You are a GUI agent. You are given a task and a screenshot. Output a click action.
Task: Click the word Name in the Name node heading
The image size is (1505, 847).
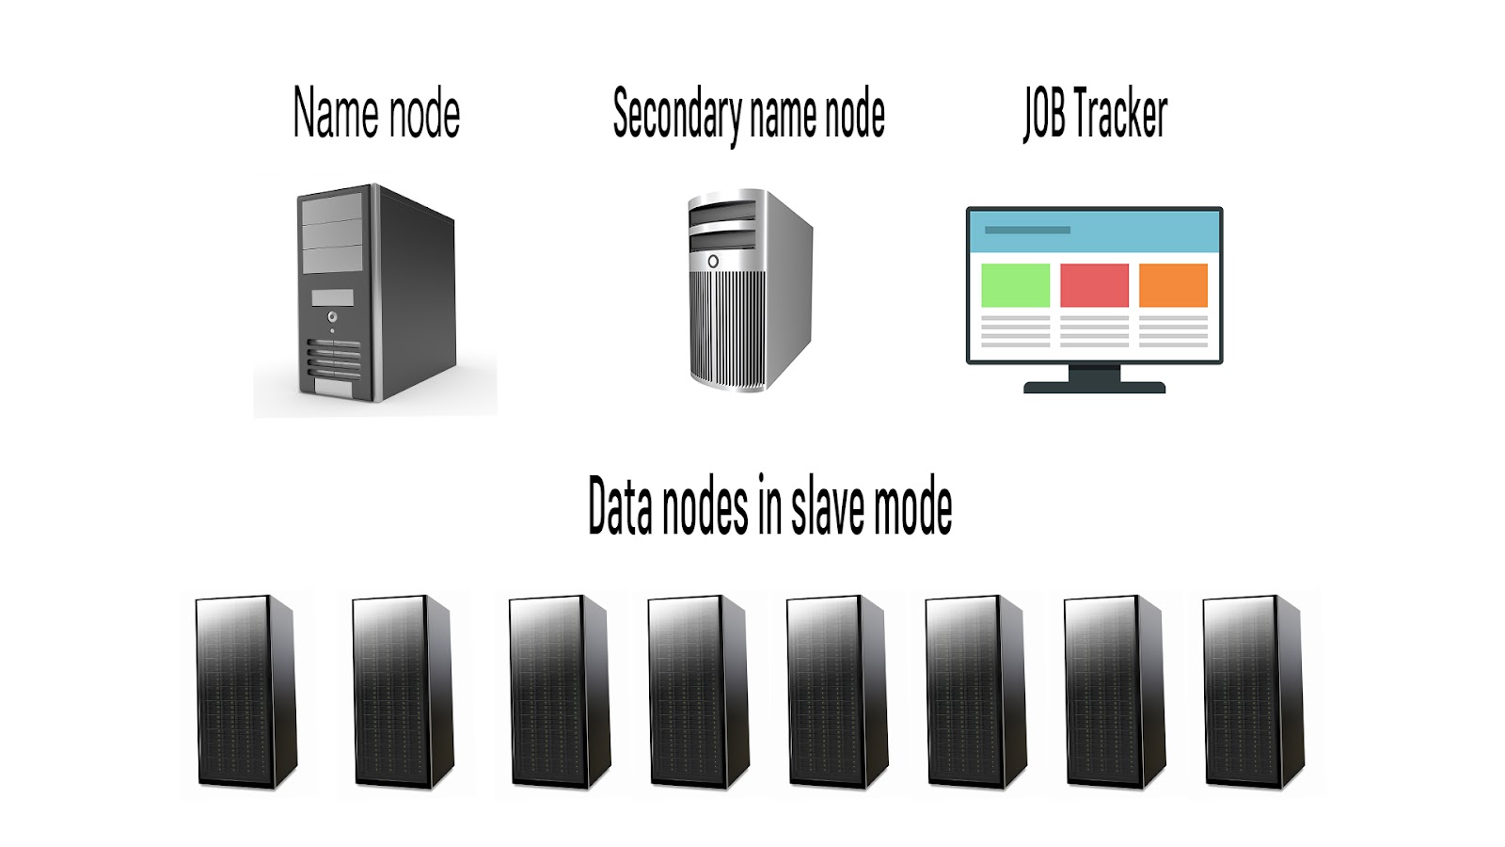(x=336, y=114)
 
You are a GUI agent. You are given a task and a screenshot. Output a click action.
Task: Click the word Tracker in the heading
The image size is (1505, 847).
(x=1119, y=114)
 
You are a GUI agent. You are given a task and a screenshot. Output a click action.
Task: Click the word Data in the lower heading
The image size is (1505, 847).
(x=620, y=507)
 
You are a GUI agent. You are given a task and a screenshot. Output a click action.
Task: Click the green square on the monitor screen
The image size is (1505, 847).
(x=1015, y=285)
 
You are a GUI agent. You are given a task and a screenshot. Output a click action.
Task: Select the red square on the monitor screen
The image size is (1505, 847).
(x=1094, y=285)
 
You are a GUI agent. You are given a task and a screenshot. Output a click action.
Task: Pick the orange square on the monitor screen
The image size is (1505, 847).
(x=1173, y=285)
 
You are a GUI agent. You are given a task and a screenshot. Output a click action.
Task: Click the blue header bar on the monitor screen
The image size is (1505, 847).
(x=1094, y=232)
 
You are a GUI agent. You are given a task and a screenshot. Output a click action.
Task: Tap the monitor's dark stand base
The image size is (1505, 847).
(x=1094, y=386)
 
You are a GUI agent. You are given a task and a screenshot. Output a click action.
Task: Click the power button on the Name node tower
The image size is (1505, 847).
(x=332, y=317)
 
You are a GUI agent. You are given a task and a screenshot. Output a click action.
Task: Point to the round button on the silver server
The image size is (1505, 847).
(x=713, y=261)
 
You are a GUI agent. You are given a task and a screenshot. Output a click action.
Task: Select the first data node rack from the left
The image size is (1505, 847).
(x=246, y=692)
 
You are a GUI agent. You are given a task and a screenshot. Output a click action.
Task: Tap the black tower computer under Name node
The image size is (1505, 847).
(x=376, y=292)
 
